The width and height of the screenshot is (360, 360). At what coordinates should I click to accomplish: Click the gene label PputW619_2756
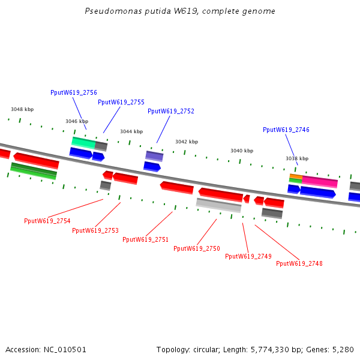coord(74,92)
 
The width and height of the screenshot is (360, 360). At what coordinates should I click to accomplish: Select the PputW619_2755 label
coord(121,102)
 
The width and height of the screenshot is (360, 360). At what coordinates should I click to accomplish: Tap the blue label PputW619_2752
coord(171,111)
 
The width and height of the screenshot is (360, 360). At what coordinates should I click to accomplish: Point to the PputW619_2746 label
coord(286,130)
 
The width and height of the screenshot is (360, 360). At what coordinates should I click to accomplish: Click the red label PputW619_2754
coord(47,221)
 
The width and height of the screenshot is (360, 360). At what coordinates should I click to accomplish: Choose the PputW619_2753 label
coord(95,230)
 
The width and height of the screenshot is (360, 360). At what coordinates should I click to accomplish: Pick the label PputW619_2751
coord(146,239)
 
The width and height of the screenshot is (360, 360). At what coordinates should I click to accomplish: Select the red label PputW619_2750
coord(197,248)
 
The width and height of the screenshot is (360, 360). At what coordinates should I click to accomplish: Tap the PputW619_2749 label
coord(248,256)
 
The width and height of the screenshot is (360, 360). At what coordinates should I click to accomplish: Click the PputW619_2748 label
coord(299,263)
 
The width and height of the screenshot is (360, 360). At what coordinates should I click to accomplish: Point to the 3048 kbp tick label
coord(22,109)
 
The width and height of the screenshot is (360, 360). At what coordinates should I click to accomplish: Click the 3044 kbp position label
coord(131,131)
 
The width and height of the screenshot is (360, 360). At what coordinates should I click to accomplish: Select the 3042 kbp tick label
coord(187,142)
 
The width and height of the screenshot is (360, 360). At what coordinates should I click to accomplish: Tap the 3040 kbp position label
coord(242,151)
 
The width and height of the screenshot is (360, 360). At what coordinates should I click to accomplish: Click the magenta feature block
coord(320,182)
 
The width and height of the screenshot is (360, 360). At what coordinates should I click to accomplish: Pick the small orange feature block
coord(296,176)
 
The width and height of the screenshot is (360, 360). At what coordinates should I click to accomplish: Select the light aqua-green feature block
coord(83,143)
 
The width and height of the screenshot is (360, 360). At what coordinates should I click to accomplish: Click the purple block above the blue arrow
coord(154,156)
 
